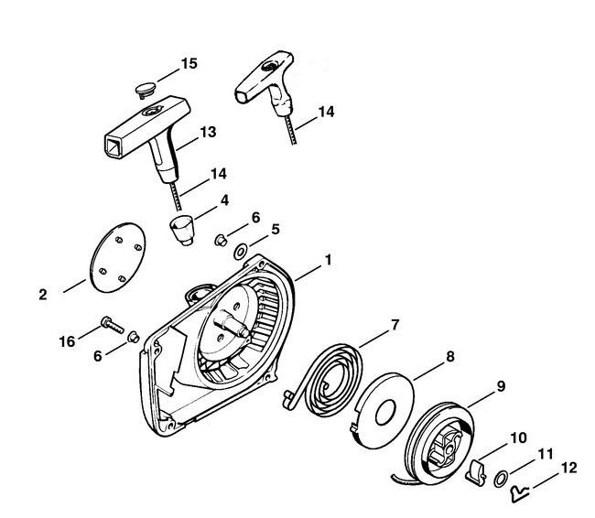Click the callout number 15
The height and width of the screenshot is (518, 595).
(x=189, y=63)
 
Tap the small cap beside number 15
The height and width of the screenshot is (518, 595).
(x=146, y=90)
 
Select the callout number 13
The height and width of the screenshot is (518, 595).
(x=208, y=132)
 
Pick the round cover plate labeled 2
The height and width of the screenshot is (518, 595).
(x=118, y=257)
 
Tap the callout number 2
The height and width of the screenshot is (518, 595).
(x=43, y=295)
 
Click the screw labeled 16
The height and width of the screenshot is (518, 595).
(x=113, y=325)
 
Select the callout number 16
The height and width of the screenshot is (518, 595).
(x=67, y=341)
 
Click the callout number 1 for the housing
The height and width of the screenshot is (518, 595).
(x=329, y=260)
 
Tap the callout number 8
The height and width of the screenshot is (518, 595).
(x=449, y=356)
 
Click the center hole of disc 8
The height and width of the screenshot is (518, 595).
(x=385, y=413)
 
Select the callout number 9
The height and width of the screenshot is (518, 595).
(x=501, y=386)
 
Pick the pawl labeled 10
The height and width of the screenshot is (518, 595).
(x=475, y=471)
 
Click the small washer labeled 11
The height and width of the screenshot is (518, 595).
(x=501, y=479)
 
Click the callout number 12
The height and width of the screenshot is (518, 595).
(x=568, y=468)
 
